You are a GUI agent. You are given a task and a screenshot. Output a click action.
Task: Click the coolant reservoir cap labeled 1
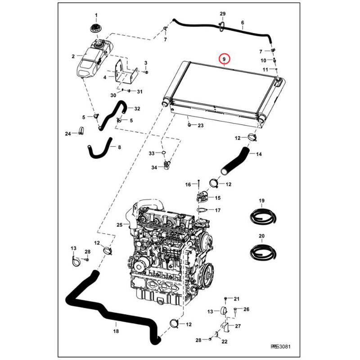pos(95,27)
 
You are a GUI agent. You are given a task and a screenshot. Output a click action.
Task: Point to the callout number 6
pos(243,22)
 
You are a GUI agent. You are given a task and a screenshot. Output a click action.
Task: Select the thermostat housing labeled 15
pos(202,197)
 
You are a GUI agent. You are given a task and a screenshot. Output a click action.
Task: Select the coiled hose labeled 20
pos(261,251)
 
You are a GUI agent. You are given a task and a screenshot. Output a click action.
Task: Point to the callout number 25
pos(119,225)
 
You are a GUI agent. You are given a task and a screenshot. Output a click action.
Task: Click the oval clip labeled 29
pos(222,28)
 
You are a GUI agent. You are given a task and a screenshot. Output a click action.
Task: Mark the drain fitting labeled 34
pos(166,166)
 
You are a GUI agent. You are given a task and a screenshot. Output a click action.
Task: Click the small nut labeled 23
pos(190,125)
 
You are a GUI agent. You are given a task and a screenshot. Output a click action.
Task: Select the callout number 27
pos(238,326)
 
